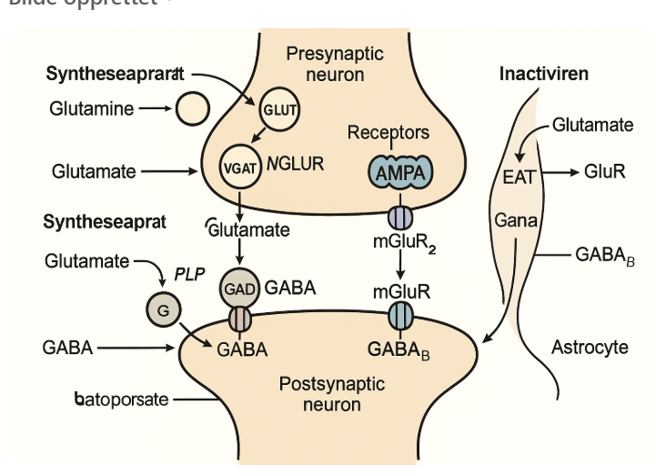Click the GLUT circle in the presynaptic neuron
pyautogui.click(x=280, y=110)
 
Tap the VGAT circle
pyautogui.click(x=241, y=167)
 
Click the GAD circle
pyautogui.click(x=239, y=289)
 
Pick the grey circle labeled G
pyautogui.click(x=164, y=309)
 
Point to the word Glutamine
pyautogui.click(x=91, y=109)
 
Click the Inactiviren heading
pyautogui.click(x=543, y=74)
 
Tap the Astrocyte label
pyautogui.click(x=590, y=347)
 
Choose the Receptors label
pyautogui.click(x=389, y=133)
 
